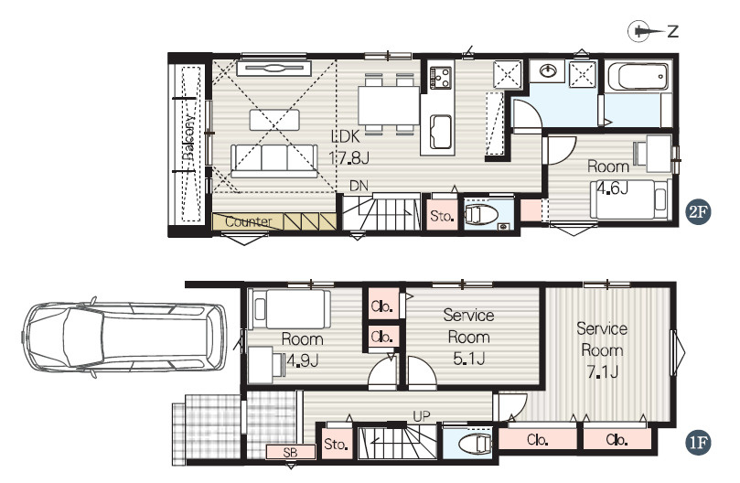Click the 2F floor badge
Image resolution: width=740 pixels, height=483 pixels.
(x=698, y=212)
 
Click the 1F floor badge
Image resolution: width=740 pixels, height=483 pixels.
(x=698, y=443)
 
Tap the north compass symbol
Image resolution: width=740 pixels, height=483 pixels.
(x=653, y=31)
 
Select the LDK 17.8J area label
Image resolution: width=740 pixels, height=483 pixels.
(x=349, y=147)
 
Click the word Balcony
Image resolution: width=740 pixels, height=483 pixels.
(x=188, y=137)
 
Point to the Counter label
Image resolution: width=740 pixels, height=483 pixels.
(x=248, y=221)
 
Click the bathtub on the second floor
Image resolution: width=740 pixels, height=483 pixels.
(x=638, y=76)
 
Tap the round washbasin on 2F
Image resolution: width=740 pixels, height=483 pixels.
(x=547, y=71)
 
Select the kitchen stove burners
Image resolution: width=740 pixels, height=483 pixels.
(x=440, y=78)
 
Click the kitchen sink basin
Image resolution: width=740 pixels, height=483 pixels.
(x=440, y=131)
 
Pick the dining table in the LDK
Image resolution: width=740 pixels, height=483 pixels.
(x=389, y=105)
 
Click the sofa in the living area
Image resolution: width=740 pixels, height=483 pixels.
(x=274, y=161)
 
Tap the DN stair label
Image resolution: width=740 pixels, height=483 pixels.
(x=359, y=186)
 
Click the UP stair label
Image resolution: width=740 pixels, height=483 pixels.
(x=422, y=416)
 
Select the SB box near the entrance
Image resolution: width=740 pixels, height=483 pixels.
(x=290, y=452)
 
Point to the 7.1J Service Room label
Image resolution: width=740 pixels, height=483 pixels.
(x=602, y=350)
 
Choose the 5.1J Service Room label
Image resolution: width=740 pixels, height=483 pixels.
(x=468, y=338)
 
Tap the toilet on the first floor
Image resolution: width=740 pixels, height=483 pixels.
(x=476, y=444)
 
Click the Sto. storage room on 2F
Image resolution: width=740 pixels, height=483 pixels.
(x=442, y=215)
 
